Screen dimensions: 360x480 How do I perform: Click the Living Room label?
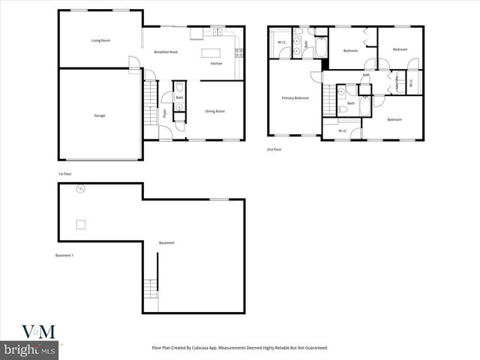pos(100,40)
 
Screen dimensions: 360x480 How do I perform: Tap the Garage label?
pos(99,115)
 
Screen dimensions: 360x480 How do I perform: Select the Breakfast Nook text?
pos(165,52)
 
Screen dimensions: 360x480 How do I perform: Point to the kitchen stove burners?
pos(238,52)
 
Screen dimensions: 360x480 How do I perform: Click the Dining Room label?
pos(214,111)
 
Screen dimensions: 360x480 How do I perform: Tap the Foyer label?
pos(164,113)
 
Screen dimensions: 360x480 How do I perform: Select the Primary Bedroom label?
pos(295,98)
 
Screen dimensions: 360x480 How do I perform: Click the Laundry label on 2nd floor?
pos(395,80)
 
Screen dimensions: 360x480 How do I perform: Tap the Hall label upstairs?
pos(365,75)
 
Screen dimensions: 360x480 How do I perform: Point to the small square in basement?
pos(80,223)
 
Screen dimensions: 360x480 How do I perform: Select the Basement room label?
pos(166,243)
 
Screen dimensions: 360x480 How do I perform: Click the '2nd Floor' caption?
pos(274,149)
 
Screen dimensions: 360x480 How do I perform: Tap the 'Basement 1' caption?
pos(64,256)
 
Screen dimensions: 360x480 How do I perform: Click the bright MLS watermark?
pos(30,349)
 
